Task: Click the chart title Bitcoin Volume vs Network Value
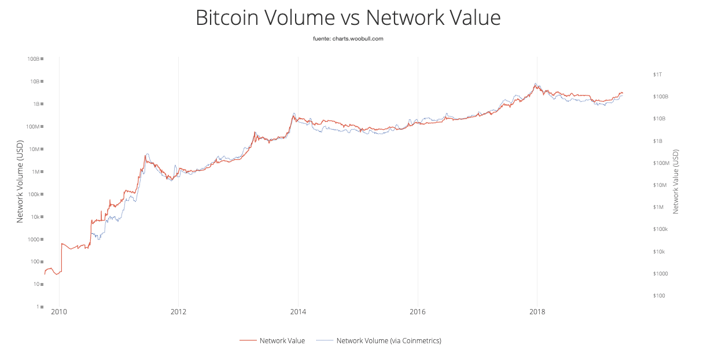pyautogui.click(x=348, y=18)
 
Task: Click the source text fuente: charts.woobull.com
pyautogui.click(x=348, y=39)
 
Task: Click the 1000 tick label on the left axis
pyautogui.click(x=32, y=240)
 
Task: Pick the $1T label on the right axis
pyautogui.click(x=657, y=75)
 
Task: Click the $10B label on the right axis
pyautogui.click(x=659, y=119)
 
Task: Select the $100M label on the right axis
pyautogui.click(x=661, y=163)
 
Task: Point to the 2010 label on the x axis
pyautogui.click(x=59, y=313)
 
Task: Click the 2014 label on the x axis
pyautogui.click(x=298, y=313)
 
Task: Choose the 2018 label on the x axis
pyautogui.click(x=537, y=313)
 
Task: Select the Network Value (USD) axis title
pyautogui.click(x=676, y=181)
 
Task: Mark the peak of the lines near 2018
pyautogui.click(x=536, y=85)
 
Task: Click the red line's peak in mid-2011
pyautogui.click(x=145, y=156)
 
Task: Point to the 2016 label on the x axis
pyautogui.click(x=417, y=313)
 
